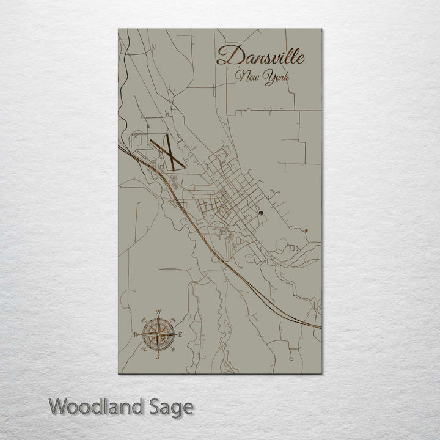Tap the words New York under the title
[x=264, y=78]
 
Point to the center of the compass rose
[x=158, y=334]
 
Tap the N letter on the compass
[x=159, y=313]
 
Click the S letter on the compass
[x=158, y=355]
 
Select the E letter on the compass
[x=180, y=334]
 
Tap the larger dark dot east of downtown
[x=261, y=213]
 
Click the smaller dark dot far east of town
[x=305, y=229]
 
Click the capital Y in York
[x=269, y=78]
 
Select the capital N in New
[x=243, y=76]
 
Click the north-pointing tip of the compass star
[x=159, y=319]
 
